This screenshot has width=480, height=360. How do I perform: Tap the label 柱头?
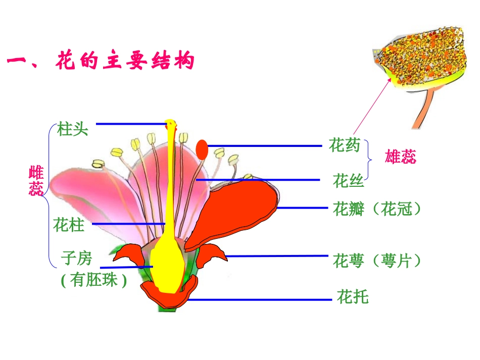tap(73, 129)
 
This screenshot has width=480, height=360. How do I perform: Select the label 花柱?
tap(69, 225)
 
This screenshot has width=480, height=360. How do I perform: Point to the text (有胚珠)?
tap(93, 280)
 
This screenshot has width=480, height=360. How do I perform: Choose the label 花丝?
tap(348, 180)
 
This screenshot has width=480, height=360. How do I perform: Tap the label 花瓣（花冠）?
tap(377, 209)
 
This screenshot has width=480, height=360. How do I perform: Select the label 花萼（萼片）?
tap(377, 261)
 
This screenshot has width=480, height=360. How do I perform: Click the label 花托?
tap(353, 297)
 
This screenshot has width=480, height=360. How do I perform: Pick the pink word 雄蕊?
tap(401, 157)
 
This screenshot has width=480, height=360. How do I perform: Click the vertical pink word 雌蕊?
tap(36, 181)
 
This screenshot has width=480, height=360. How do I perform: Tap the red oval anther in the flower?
tap(202, 149)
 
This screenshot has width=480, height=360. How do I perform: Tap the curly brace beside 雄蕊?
tap(371, 159)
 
